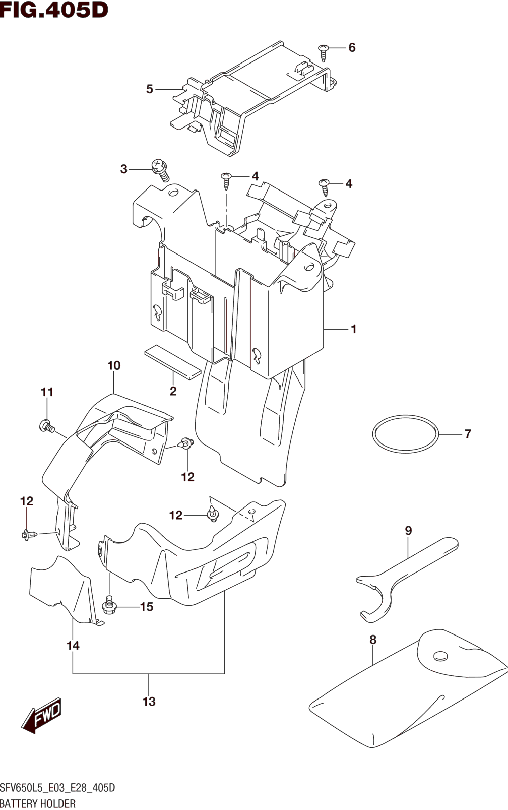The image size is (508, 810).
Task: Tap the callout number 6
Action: click(x=352, y=48)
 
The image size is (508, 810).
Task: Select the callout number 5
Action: click(x=150, y=89)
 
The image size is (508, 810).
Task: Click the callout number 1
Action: click(x=354, y=329)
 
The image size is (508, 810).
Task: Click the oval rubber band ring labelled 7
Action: click(x=406, y=434)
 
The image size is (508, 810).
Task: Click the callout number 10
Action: click(x=114, y=365)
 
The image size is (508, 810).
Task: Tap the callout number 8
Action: click(x=373, y=640)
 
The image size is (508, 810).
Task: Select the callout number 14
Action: click(x=73, y=646)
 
